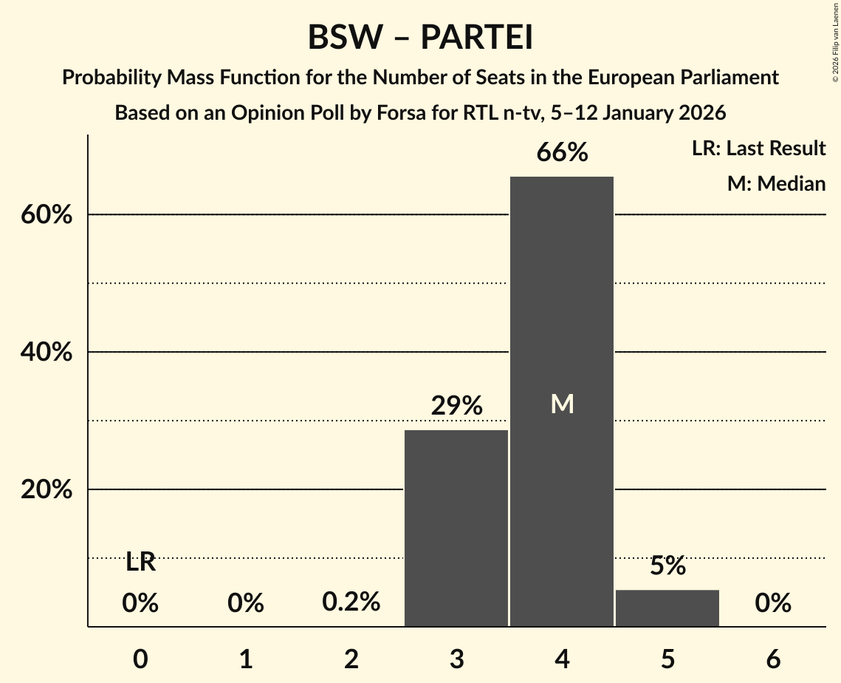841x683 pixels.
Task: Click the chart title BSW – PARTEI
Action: pos(420,38)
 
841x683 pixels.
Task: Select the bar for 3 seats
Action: pos(456,528)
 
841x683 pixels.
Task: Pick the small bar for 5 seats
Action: pos(667,608)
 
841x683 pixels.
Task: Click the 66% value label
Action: pos(562,153)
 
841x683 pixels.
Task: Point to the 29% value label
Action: pos(456,406)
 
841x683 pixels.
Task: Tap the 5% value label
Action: pos(667,566)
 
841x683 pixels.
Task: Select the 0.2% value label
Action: pos(351,602)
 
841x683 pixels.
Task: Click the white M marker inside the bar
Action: pos(562,404)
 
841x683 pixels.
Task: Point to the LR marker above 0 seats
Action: pos(140,563)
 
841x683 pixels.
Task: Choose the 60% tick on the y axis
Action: pos(46,215)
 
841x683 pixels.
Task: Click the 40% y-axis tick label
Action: pos(46,353)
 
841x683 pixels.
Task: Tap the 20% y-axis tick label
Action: pos(46,490)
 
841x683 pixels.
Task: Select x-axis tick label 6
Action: pos(773,659)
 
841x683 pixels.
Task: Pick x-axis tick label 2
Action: pos(351,659)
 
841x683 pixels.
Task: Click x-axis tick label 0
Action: pos(140,659)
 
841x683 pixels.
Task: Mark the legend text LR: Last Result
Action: pos(758,149)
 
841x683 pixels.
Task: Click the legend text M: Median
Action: pos(776,183)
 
